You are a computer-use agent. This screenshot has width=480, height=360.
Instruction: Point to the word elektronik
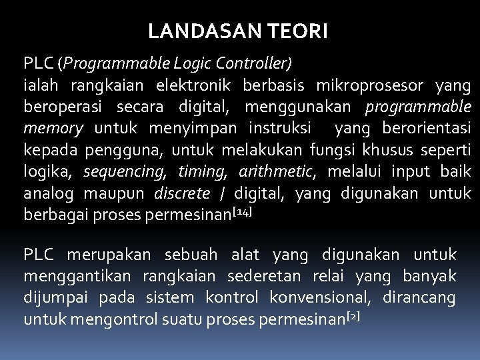(193, 85)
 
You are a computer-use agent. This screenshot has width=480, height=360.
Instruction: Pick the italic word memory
(53, 128)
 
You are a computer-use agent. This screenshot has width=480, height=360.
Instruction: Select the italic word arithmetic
(277, 171)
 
